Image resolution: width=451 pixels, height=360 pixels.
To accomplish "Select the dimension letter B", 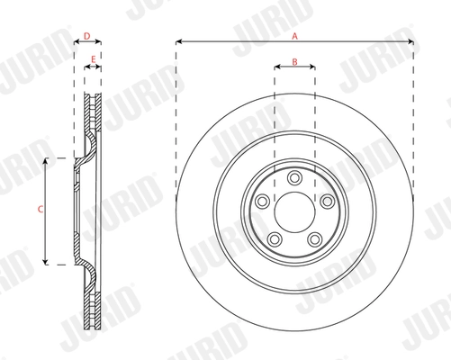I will [x=293, y=61].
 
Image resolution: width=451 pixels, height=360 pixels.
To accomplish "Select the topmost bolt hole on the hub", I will [x=293, y=175].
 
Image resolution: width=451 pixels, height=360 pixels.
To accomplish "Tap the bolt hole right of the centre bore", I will [x=326, y=200].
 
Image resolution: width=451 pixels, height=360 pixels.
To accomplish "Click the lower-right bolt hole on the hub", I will [x=314, y=238].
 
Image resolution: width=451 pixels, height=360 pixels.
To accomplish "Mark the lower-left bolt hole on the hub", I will [x=273, y=238].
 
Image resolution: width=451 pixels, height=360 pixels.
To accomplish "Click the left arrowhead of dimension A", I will [x=177, y=42].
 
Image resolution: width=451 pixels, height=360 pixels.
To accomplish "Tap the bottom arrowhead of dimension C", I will [x=46, y=263].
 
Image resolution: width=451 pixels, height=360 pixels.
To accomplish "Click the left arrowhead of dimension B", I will [x=275, y=68].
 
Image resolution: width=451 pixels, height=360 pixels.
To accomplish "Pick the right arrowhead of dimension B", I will [x=311, y=68].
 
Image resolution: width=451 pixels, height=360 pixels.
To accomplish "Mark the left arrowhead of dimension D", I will [x=75, y=42].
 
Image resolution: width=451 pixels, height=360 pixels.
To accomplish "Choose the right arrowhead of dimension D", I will [x=100, y=42].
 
